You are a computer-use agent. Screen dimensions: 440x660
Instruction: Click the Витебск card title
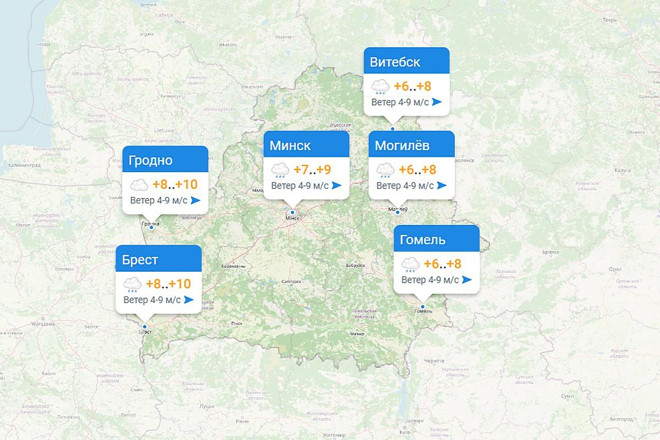tap(395, 62)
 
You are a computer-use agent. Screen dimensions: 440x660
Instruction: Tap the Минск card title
tap(290, 146)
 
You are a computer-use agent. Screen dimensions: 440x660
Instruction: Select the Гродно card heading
tap(150, 161)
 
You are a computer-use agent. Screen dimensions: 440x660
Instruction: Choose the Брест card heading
tap(140, 260)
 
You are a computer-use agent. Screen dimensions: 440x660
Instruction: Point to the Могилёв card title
tap(402, 146)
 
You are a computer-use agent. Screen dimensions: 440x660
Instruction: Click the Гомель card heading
tap(422, 240)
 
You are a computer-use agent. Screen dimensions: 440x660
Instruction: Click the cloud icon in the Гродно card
tap(139, 185)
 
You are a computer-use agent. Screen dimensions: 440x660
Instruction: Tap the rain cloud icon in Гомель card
tap(411, 265)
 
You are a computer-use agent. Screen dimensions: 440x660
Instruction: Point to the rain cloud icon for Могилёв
tap(383, 170)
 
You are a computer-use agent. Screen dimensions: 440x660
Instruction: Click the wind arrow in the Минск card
tap(337, 185)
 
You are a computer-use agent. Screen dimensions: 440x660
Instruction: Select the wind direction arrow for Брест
tap(189, 300)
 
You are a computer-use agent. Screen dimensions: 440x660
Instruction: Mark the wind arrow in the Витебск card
tap(437, 102)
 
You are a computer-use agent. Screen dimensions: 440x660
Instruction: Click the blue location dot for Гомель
tap(422, 306)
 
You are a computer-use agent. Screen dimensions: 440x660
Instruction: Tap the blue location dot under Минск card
tap(293, 212)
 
